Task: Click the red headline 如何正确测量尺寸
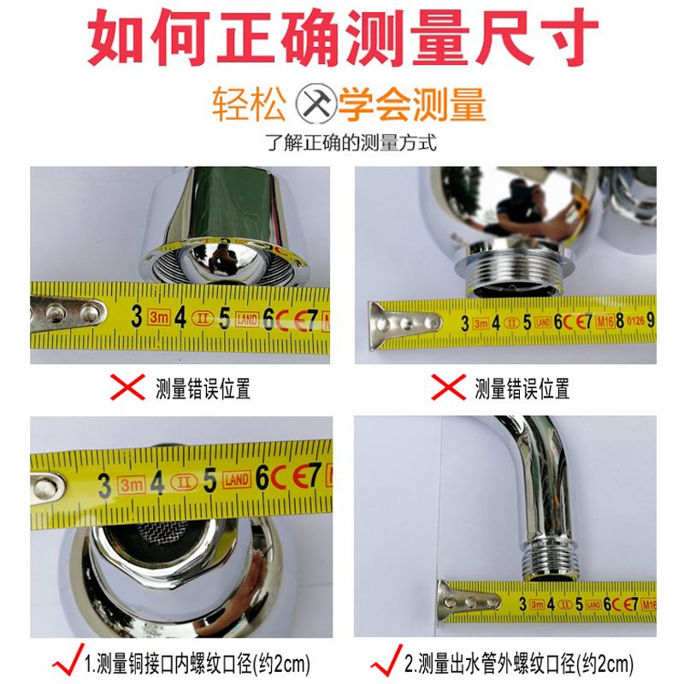coord(342,38)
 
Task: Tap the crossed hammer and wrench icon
coord(316,107)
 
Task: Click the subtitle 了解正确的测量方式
coord(351,143)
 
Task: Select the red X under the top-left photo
coord(129,388)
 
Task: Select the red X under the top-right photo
coord(448,388)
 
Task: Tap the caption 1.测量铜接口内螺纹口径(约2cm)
coord(197,663)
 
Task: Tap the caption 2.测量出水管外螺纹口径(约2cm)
coord(517,663)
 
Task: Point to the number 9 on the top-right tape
coord(651,321)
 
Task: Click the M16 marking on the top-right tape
coord(605,321)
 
